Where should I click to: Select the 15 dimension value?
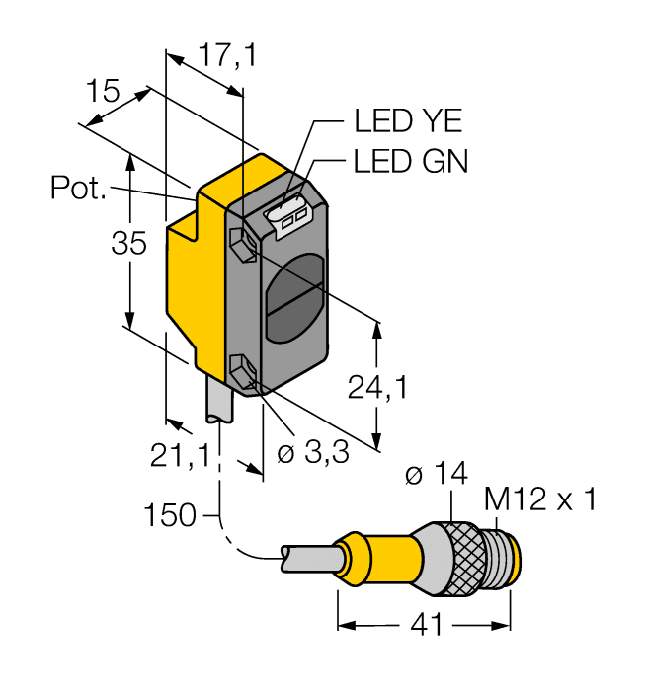point(102,92)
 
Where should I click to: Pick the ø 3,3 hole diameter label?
point(312,455)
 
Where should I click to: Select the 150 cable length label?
point(170,514)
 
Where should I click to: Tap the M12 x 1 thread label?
point(541,500)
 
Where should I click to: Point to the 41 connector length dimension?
point(426,626)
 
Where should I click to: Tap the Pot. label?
point(78,188)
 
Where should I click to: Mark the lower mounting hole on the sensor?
point(241,373)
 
